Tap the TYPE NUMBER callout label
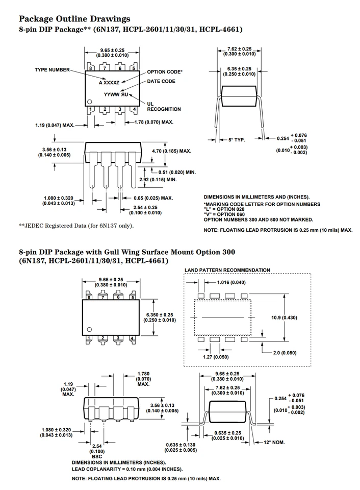52,69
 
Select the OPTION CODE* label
165,72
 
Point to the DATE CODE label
161,81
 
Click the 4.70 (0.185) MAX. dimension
171,151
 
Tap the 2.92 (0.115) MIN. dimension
158,180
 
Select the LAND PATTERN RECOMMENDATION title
227,269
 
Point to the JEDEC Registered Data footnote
76,226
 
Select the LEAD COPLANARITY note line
127,469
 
